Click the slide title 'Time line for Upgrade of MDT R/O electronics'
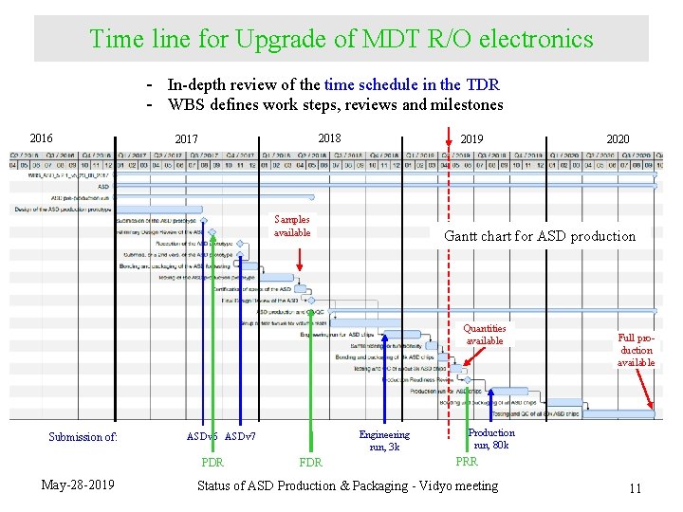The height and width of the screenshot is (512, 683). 341,39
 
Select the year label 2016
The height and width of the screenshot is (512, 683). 42,138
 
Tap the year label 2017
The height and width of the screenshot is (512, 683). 187,139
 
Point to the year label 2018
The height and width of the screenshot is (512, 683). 329,137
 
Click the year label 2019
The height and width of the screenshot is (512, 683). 471,139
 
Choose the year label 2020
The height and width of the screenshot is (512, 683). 618,139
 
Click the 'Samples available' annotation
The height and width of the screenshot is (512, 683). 292,226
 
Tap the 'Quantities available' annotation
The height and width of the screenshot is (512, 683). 485,335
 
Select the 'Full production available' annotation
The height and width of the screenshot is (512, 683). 636,350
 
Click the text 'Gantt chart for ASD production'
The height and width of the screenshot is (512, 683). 541,236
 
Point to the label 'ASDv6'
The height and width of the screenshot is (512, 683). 202,437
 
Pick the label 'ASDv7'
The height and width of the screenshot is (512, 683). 240,437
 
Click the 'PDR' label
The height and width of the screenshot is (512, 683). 212,463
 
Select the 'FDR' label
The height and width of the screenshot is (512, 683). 310,463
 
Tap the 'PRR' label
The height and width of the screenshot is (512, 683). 467,462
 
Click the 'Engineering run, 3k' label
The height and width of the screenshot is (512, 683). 384,441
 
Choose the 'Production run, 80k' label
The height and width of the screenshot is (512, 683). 491,439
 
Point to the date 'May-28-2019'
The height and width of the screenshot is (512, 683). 79,485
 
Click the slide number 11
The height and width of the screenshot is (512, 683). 635,488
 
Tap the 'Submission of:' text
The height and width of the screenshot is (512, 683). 83,437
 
